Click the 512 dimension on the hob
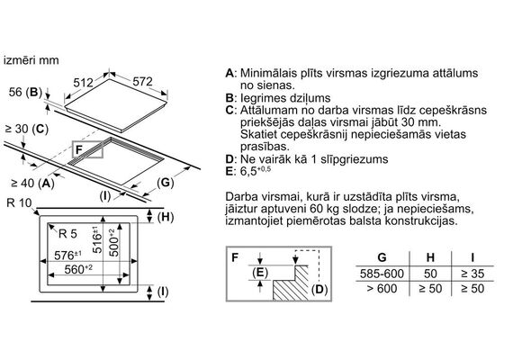point(83,83)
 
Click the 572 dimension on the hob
point(142,82)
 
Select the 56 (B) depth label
point(25,93)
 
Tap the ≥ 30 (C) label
point(27,129)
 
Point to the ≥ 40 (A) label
point(32,184)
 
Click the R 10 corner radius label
point(19,202)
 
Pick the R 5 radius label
point(67,234)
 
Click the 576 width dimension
point(67,255)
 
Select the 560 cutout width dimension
point(78,269)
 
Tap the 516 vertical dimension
point(97,239)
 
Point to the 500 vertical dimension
point(113,242)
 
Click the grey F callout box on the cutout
point(87,150)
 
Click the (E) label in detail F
point(260,273)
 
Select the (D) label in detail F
point(319,289)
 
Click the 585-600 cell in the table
point(382,274)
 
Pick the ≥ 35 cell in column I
point(472,274)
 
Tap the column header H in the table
point(430,257)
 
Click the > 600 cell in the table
point(382,289)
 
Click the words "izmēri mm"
point(31,60)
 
